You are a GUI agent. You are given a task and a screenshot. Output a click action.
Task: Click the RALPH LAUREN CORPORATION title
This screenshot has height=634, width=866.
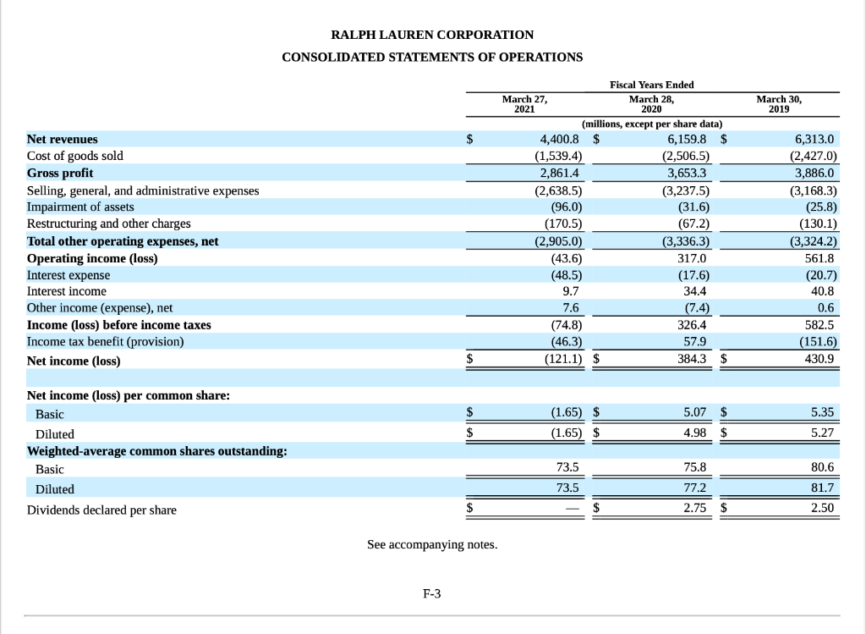coord(432,35)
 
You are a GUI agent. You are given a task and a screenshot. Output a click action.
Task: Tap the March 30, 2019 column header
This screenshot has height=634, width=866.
coord(780,104)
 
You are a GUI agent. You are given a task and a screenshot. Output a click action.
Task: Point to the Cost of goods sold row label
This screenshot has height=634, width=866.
coord(75,156)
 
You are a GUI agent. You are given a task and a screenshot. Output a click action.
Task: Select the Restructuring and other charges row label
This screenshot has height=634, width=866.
coord(109,223)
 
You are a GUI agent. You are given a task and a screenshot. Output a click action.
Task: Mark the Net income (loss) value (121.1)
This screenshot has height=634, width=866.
coord(562,361)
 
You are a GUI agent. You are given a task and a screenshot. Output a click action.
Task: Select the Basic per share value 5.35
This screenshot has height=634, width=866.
coord(821,413)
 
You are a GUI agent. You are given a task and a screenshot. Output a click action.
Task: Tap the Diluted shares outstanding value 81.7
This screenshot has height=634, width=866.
coord(823,488)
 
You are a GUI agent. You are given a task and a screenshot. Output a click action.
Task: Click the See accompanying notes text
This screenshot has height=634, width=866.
coord(432,544)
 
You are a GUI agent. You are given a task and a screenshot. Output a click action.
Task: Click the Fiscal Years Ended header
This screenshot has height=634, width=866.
coord(651,85)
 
